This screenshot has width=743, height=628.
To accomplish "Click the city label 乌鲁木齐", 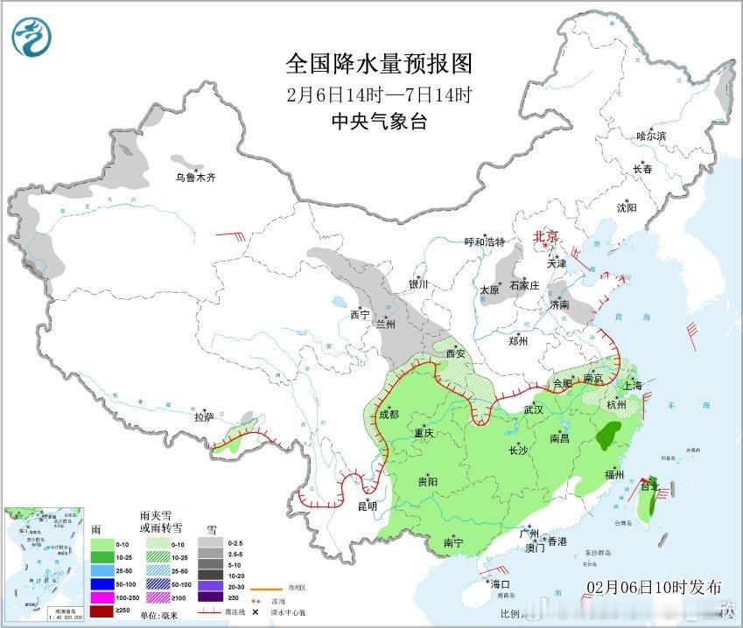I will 194,178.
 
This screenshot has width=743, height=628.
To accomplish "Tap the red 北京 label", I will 547,236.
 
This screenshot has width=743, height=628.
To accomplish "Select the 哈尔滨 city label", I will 651,136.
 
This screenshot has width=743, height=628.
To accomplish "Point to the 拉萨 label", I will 204,417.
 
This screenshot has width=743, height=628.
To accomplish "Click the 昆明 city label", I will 367,506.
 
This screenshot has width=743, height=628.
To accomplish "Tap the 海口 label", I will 499,583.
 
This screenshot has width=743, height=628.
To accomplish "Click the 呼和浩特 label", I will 484,242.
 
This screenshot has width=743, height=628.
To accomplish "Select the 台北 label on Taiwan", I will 648,486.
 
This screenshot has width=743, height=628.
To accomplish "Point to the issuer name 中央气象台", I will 379,122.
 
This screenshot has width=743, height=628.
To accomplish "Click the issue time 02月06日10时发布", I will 654,586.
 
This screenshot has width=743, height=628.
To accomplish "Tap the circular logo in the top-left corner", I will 32,37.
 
